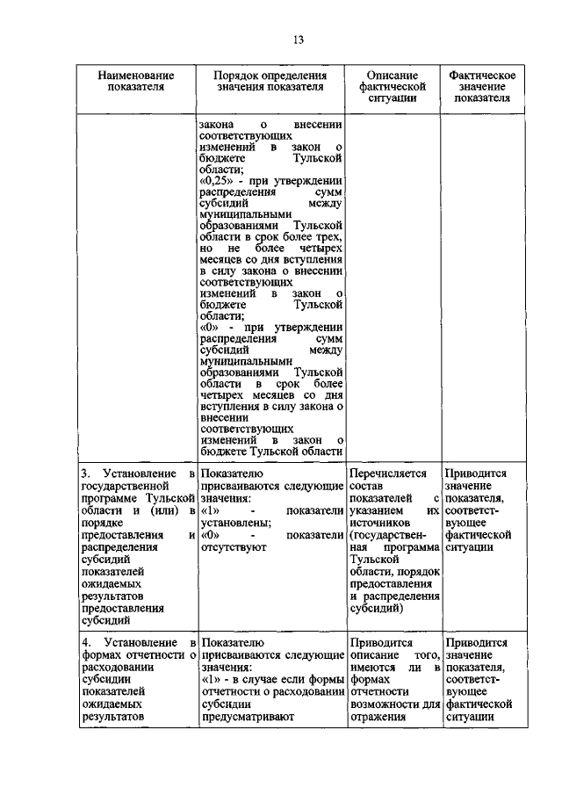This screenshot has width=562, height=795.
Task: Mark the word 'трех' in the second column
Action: pyautogui.click(x=327, y=237)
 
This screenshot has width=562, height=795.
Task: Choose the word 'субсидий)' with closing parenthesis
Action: pyautogui.click(x=376, y=607)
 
